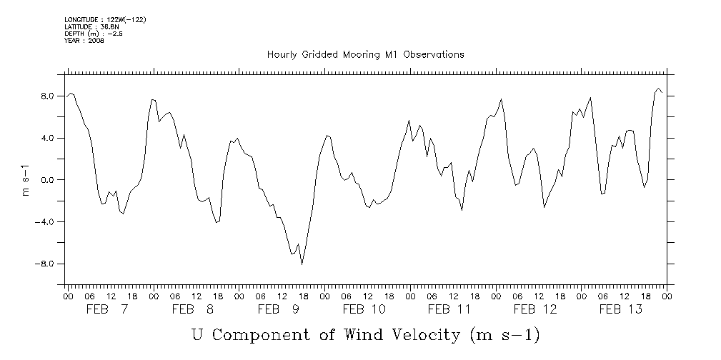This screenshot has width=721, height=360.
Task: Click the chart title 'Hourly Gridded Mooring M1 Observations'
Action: [x=365, y=54]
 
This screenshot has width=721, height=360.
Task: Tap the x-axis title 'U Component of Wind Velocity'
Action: [x=365, y=334]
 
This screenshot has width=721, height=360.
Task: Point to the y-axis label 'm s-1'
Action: [x=26, y=179]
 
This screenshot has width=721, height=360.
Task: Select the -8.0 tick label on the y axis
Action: [x=47, y=264]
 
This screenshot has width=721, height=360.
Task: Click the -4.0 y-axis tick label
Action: [x=47, y=222]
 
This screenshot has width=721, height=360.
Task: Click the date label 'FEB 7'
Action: [x=107, y=309]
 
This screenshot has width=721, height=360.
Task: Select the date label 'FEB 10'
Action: [x=364, y=309]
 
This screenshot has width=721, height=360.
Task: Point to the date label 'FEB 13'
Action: [x=620, y=309]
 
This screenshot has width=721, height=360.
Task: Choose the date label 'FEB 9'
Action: [x=278, y=309]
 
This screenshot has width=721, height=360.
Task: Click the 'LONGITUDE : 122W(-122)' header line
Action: [x=105, y=20]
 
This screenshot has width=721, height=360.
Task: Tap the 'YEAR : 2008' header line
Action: [x=84, y=41]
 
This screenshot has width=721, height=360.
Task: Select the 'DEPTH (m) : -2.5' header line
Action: [x=94, y=34]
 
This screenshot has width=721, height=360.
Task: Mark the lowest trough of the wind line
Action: [x=302, y=264]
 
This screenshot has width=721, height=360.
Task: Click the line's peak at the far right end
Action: [x=658, y=89]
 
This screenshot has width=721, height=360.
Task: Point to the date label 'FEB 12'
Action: [x=535, y=309]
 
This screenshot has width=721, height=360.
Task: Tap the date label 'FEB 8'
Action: [x=193, y=309]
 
